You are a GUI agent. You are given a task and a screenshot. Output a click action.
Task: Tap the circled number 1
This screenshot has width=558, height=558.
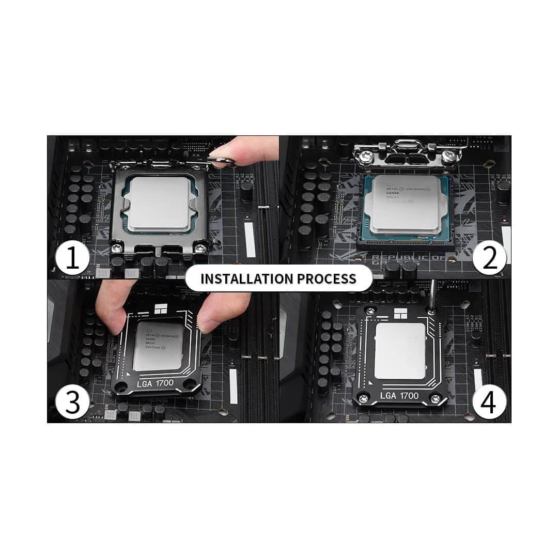pyautogui.click(x=73, y=258)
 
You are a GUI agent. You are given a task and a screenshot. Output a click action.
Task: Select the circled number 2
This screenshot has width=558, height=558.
pyautogui.click(x=488, y=258)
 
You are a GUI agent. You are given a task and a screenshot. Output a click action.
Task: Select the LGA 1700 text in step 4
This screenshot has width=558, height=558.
pyautogui.click(x=399, y=395)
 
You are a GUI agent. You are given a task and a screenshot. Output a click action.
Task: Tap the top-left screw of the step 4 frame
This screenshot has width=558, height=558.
pyautogui.click(x=370, y=311)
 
